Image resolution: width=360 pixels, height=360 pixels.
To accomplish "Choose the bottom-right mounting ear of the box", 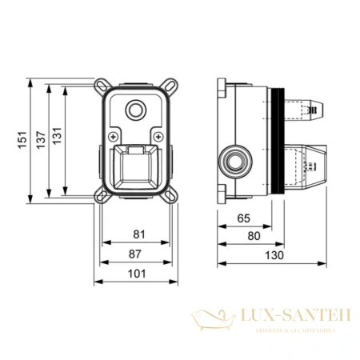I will click(x=170, y=195).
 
